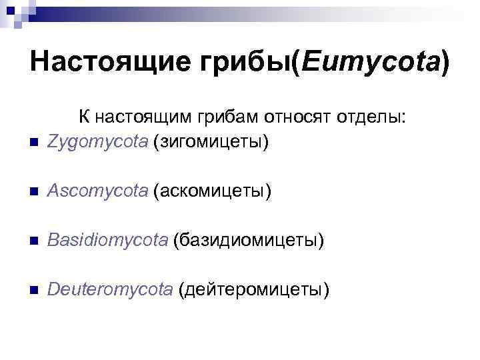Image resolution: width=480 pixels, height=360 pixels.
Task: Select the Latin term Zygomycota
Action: click(x=97, y=142)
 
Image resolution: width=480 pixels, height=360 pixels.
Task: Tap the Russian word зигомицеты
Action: click(x=211, y=142)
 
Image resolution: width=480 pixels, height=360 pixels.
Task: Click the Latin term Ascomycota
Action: click(x=97, y=191)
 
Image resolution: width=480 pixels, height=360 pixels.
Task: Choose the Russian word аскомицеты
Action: click(x=213, y=191)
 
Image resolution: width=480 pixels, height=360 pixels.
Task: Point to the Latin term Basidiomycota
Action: click(x=108, y=241)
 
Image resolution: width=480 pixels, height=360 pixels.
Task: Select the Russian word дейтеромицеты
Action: click(x=254, y=290)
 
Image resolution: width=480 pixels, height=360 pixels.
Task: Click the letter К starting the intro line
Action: click(x=83, y=117)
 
